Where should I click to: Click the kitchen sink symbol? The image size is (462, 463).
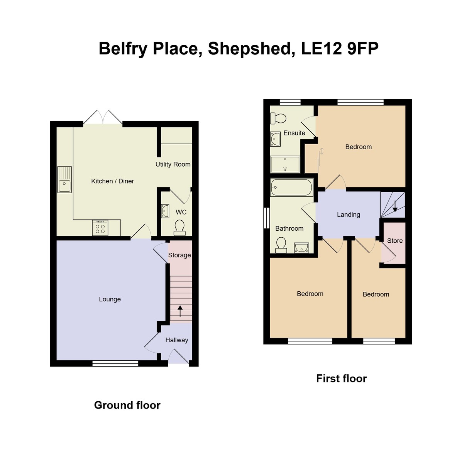64,179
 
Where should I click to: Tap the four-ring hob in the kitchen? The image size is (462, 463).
100,228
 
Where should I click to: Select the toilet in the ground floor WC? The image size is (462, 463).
179,228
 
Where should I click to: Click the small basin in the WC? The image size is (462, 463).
165,211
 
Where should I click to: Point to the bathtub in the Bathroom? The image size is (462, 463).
291,188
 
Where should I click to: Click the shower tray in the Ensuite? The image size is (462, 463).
285,164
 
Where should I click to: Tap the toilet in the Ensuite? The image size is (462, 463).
278,118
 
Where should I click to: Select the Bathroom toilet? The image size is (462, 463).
281,245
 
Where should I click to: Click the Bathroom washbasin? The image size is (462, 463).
301,247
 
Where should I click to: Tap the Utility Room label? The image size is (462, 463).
173,164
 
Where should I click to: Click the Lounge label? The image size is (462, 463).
110,299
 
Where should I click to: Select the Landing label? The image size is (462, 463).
349,215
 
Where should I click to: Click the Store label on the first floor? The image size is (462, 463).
395,241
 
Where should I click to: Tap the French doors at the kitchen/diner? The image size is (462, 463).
103,117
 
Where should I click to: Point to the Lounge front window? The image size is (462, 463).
115,363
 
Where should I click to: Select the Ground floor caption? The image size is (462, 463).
127,405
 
